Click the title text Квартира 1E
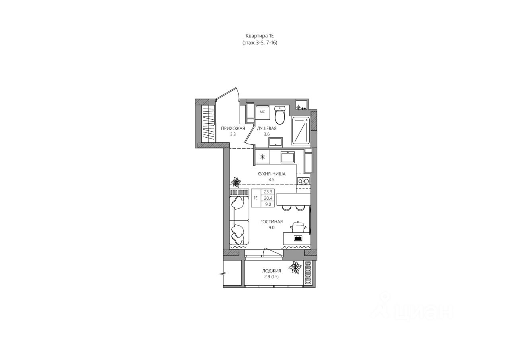pyautogui.click(x=260, y=36)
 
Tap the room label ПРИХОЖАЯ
pyautogui.click(x=233, y=128)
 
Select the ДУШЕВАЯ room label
pyautogui.click(x=266, y=128)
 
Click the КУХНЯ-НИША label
pyautogui.click(x=271, y=174)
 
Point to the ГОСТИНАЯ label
pyautogui.click(x=271, y=222)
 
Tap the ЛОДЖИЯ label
pyautogui.click(x=271, y=271)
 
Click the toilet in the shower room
pyautogui.click(x=279, y=115)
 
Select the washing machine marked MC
pyautogui.click(x=262, y=113)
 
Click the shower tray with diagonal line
pyautogui.click(x=301, y=131)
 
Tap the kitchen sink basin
pyautogui.click(x=288, y=157)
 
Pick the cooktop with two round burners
pyautogui.click(x=303, y=181)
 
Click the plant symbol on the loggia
pyautogui.click(x=295, y=267)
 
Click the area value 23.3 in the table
pyautogui.click(x=268, y=192)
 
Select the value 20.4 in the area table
pyautogui.click(x=268, y=198)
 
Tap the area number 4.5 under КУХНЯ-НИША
pyautogui.click(x=271, y=179)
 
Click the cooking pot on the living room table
pyautogui.click(x=298, y=227)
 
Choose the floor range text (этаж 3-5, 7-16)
pyautogui.click(x=260, y=43)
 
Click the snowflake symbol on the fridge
pyautogui.click(x=262, y=157)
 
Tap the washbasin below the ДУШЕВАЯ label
pyautogui.click(x=276, y=142)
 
